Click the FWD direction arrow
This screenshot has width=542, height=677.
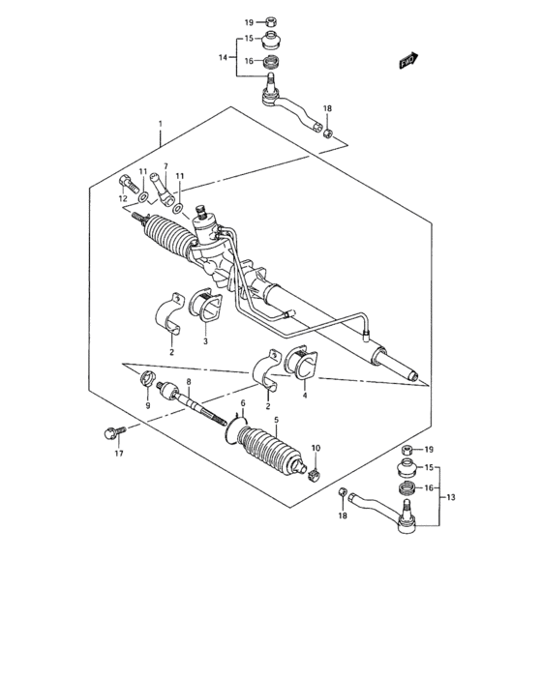(x=407, y=60)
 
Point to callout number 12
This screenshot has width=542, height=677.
(x=123, y=198)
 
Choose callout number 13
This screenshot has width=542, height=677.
(x=449, y=497)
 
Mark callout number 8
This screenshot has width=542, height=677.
(x=190, y=383)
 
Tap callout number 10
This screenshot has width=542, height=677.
(x=315, y=448)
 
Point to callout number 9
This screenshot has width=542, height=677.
(x=148, y=406)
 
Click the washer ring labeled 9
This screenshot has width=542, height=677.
(x=148, y=378)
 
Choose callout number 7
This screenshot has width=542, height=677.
(x=166, y=166)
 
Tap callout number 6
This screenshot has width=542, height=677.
(x=243, y=402)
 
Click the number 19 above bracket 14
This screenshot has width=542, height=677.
(x=248, y=21)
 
